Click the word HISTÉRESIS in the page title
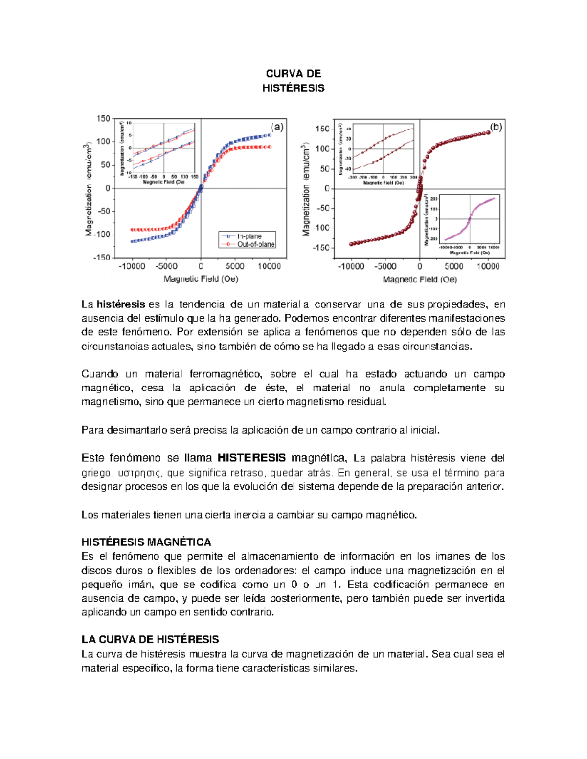click(x=293, y=88)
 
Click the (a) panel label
click(x=277, y=127)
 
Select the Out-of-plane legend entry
click(x=255, y=244)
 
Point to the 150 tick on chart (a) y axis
click(x=104, y=118)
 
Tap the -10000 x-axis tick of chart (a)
click(x=132, y=266)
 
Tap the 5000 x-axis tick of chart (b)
click(x=453, y=266)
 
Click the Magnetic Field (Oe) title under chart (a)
click(x=201, y=279)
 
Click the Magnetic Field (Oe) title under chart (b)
click(x=420, y=280)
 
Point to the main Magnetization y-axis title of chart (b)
click(x=306, y=190)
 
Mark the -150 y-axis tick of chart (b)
click(x=321, y=248)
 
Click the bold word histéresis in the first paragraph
click(x=121, y=304)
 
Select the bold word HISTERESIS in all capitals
click(x=251, y=458)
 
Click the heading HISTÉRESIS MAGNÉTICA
click(x=146, y=542)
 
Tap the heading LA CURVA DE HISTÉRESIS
click(x=150, y=639)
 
